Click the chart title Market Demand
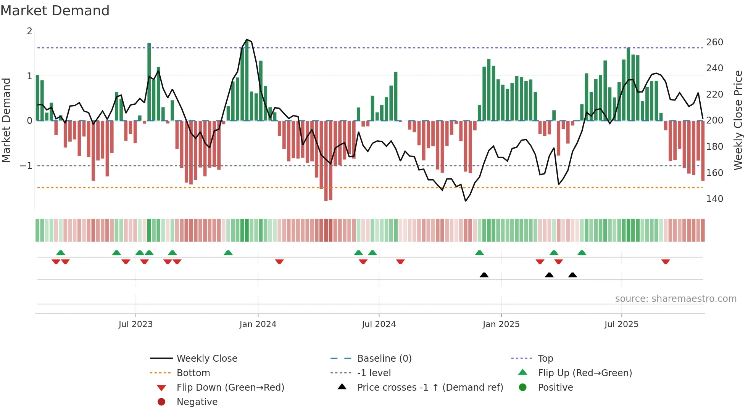pos(55,11)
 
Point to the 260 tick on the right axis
pos(714,42)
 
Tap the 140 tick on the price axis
pos(714,199)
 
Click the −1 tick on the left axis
pos(26,166)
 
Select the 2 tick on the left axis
pos(29,31)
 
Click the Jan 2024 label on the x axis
pos(258,324)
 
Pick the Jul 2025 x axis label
pos(621,324)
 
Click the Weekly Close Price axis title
pos(738,120)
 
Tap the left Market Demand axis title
pos(6,120)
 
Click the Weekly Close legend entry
pos(206,359)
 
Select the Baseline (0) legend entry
pos(384,359)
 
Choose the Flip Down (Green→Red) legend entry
pos(230,388)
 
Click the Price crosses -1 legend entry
pos(430,388)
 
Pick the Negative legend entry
pos(197,402)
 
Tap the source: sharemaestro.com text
pos(675,299)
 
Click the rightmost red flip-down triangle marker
pos(666,261)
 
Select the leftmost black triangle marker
pos(484,275)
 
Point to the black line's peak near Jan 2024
pos(247,40)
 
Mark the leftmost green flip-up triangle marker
pos(61,253)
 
